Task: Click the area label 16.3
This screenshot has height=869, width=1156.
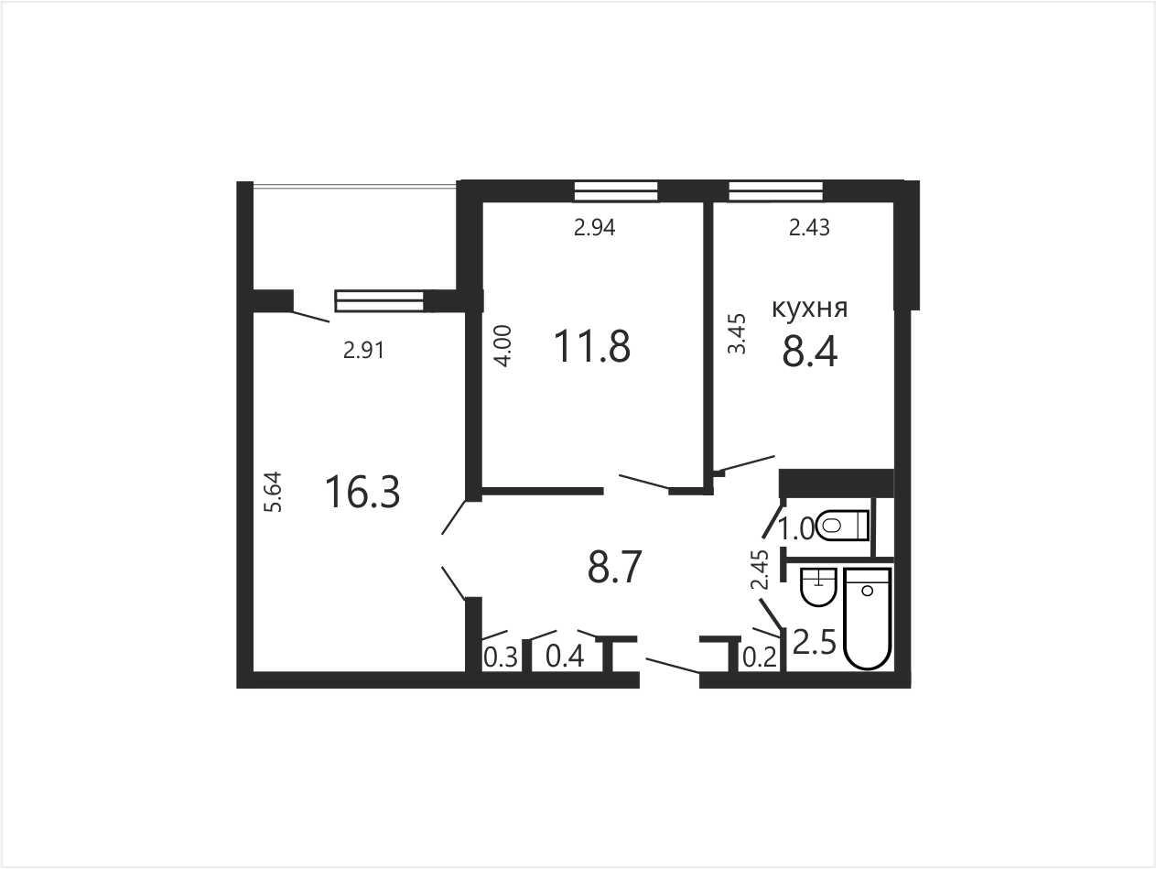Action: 362,492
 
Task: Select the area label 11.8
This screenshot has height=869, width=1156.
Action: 592,346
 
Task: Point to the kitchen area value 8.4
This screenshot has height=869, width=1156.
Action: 809,352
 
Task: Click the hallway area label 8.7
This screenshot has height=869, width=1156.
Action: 614,567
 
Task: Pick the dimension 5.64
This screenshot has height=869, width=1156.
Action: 274,492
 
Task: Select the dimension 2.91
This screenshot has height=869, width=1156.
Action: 363,350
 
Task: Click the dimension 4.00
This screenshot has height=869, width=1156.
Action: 503,346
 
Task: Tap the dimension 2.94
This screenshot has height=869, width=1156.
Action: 594,227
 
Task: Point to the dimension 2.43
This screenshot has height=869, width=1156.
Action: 809,227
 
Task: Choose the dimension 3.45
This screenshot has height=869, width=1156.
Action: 737,334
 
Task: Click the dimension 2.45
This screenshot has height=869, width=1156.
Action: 760,570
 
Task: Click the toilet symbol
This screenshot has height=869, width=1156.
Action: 841,525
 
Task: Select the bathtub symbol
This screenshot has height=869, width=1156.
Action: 867,619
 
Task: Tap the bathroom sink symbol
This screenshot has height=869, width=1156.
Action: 818,587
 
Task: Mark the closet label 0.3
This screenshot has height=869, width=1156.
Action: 501,657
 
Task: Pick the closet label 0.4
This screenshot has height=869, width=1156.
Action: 565,657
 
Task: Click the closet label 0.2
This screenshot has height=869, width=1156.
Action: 760,657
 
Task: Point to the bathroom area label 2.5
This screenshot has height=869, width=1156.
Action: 815,643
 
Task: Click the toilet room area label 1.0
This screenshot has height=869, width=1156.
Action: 797,528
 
